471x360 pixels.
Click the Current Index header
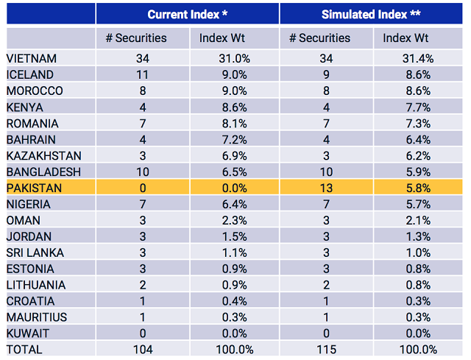click(x=187, y=15)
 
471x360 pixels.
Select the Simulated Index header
click(x=371, y=15)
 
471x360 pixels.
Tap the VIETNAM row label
click(x=32, y=59)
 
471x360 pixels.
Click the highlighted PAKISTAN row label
click(x=34, y=188)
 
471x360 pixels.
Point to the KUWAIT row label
click(x=29, y=333)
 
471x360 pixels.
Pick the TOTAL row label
click(x=24, y=350)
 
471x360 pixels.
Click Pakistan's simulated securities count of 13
click(x=326, y=188)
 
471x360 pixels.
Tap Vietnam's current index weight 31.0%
click(x=234, y=59)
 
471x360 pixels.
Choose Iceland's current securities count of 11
click(x=142, y=74)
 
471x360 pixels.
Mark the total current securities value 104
click(x=142, y=350)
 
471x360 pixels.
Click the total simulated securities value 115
click(x=326, y=350)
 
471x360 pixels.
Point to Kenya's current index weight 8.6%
click(x=234, y=107)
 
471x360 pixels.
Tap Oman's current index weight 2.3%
click(x=234, y=220)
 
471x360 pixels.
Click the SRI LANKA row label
click(x=34, y=253)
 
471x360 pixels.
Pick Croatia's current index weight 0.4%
click(x=234, y=301)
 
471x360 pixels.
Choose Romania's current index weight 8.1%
click(x=234, y=123)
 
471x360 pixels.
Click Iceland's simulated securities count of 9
click(x=326, y=74)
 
